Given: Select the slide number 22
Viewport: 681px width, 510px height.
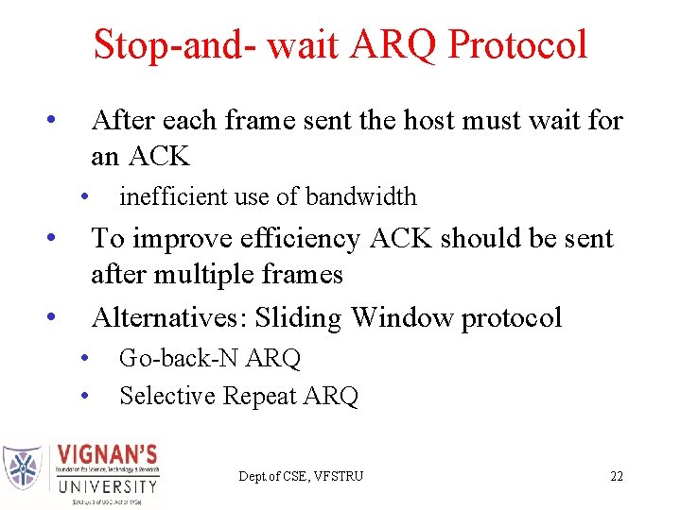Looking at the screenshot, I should pos(617,476).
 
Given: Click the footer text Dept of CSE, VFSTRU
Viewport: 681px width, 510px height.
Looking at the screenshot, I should pos(301,476).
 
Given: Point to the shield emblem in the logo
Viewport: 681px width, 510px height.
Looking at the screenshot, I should pos(24,467).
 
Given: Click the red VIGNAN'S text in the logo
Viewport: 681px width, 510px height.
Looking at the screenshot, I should pos(107,454).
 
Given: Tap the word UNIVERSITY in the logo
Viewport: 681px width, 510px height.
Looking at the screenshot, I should pos(107,486).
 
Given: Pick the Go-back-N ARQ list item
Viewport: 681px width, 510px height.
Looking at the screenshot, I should pos(209,359).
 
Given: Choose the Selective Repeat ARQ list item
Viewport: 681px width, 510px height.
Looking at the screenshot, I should pos(238,396).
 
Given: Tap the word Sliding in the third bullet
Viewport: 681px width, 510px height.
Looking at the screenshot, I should pos(300,317).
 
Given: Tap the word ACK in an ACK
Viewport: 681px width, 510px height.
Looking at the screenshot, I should pos(155,156).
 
